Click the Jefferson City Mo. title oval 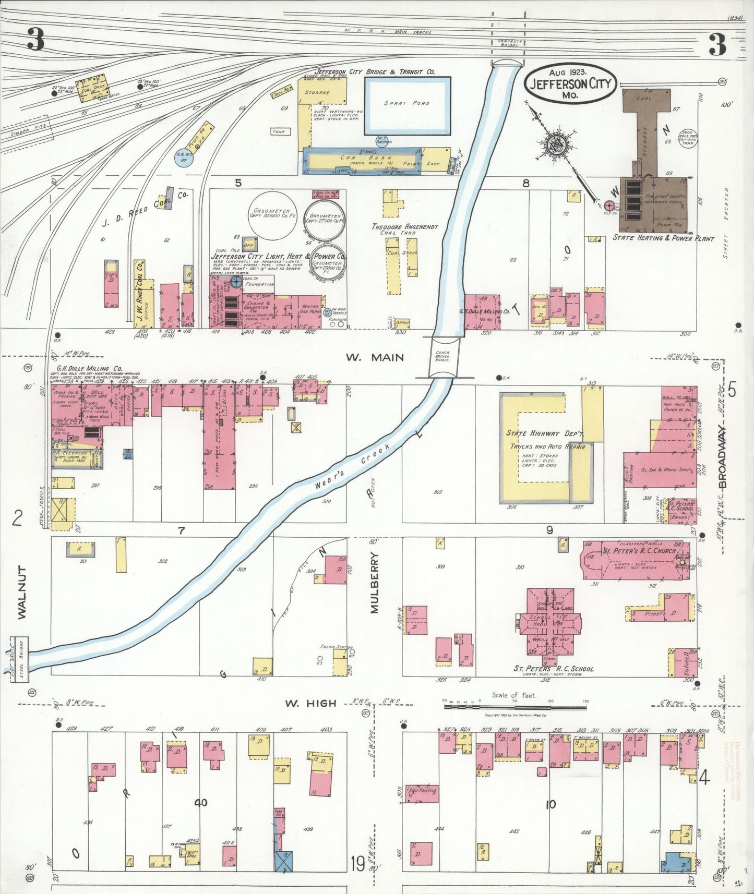[570, 84]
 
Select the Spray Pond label [406, 103]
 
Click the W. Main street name [374, 357]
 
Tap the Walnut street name [21, 593]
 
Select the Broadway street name [722, 457]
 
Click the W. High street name [310, 703]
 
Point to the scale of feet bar [515, 707]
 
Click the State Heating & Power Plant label [663, 238]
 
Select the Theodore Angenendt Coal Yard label [404, 229]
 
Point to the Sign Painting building [422, 790]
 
